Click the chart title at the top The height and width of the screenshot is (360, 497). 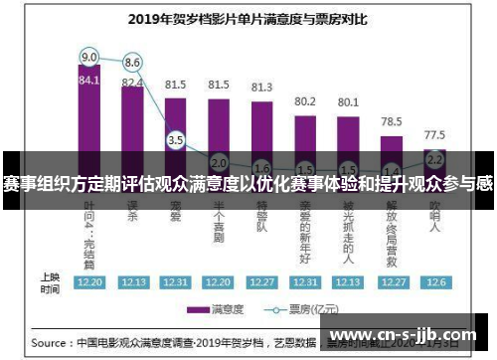[248, 17]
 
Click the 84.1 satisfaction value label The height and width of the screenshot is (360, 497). [89, 81]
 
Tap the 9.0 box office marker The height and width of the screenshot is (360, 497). [89, 56]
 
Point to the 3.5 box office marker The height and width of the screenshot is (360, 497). [176, 140]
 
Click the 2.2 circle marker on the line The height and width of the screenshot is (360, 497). [434, 158]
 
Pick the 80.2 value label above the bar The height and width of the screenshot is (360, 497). [304, 101]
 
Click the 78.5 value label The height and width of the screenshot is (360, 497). [391, 120]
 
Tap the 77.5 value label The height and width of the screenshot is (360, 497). [434, 133]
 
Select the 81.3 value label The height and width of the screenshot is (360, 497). [261, 88]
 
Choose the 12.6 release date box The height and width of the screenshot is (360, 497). [434, 281]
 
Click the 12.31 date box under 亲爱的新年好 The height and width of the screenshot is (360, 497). [304, 281]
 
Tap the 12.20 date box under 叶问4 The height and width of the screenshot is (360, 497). [89, 281]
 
